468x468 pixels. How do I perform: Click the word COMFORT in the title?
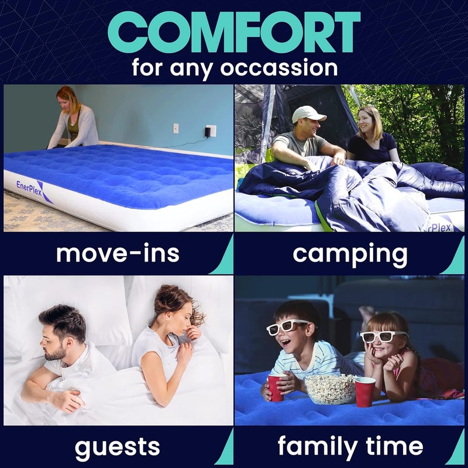pyautogui.click(x=234, y=32)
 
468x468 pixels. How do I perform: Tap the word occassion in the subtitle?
pyautogui.click(x=279, y=67)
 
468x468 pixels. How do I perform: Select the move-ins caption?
pyautogui.click(x=118, y=254)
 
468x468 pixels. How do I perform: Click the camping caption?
pyautogui.click(x=350, y=254)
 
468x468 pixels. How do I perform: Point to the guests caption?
pyautogui.click(x=118, y=448)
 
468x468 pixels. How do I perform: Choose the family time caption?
pyautogui.click(x=350, y=448)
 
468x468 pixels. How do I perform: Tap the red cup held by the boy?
pyautogui.click(x=276, y=387)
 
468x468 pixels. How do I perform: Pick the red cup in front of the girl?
pyautogui.click(x=364, y=391)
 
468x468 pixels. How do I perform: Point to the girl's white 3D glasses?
pyautogui.click(x=384, y=336)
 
